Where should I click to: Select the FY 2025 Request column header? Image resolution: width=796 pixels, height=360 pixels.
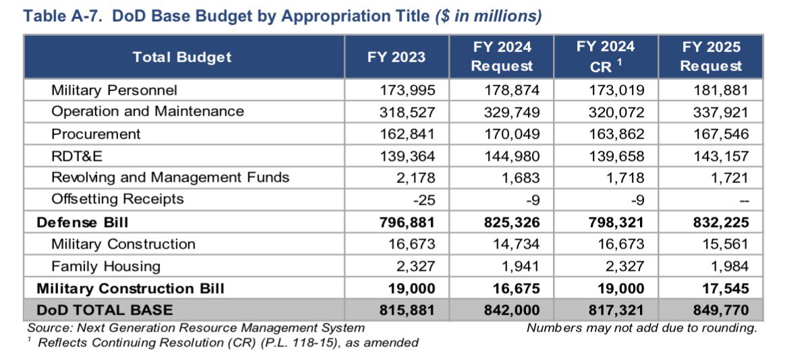(x=710, y=57)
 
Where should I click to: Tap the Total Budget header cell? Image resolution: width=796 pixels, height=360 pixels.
(x=182, y=57)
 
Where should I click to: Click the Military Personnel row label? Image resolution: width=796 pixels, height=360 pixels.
(x=114, y=90)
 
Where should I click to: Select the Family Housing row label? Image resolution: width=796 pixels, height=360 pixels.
(x=106, y=265)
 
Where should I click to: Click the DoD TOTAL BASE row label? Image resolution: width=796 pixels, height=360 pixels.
(x=105, y=310)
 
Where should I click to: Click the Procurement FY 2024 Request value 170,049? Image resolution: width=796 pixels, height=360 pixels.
(x=512, y=134)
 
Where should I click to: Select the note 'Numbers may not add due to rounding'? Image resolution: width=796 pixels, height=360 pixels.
(x=641, y=328)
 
